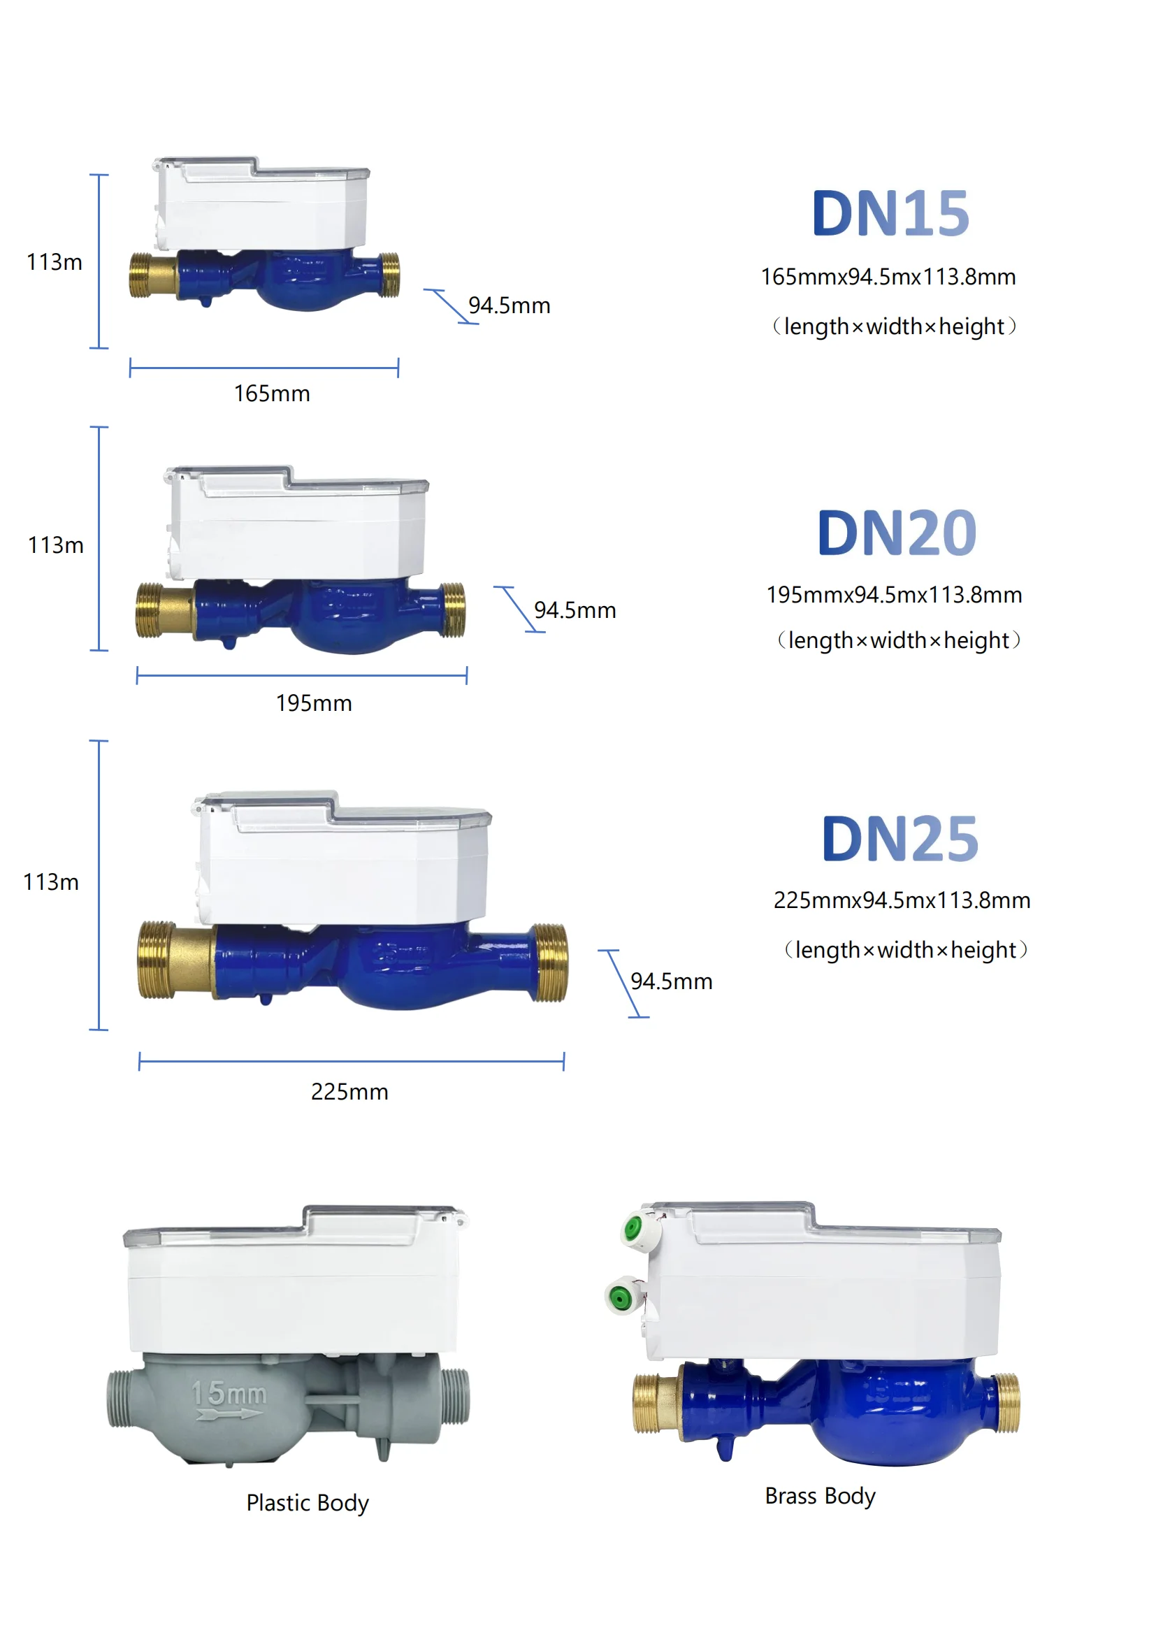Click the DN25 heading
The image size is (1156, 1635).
click(x=899, y=839)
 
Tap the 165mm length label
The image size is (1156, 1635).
click(x=272, y=394)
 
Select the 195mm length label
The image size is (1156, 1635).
click(x=314, y=704)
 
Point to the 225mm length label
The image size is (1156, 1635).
click(x=349, y=1092)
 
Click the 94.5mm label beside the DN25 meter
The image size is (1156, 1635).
click(x=671, y=981)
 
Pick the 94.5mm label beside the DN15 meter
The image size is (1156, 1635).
click(x=509, y=305)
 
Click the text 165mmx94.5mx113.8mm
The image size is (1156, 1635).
click(x=888, y=277)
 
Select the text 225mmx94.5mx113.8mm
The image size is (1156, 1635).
click(x=902, y=900)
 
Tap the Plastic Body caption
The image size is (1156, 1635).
click(x=308, y=1503)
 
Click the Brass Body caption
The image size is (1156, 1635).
click(x=820, y=1495)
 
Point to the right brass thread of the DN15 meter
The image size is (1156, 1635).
click(x=389, y=275)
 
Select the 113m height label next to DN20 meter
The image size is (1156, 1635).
click(x=55, y=545)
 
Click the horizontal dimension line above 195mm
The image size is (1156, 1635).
click(x=302, y=675)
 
